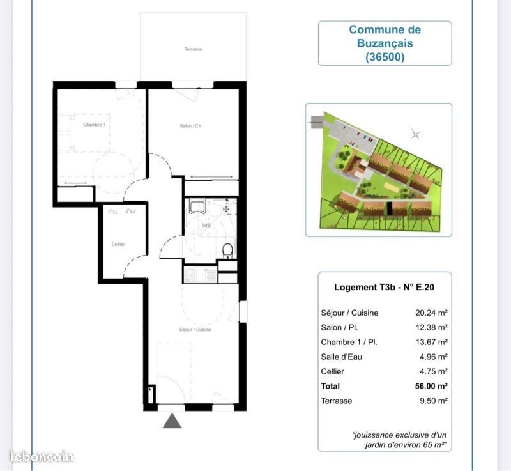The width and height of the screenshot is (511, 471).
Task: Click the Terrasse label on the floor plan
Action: [x=194, y=49]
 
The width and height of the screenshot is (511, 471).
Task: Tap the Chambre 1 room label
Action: [x=94, y=125]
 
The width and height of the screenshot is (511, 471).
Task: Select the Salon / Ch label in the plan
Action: [x=190, y=126]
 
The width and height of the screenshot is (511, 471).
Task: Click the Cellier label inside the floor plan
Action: [x=118, y=244]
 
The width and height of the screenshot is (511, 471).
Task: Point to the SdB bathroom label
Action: [x=206, y=226]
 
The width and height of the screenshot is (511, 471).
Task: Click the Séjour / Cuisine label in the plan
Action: [x=195, y=329]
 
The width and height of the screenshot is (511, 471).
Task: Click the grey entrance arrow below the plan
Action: [x=172, y=421]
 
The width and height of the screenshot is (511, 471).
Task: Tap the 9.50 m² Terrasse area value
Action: [x=432, y=401]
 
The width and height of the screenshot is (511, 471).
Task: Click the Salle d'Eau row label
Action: [x=342, y=357]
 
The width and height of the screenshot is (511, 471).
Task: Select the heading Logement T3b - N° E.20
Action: [x=384, y=287]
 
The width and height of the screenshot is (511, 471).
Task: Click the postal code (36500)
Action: [x=385, y=56]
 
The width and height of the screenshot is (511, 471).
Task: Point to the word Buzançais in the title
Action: [x=385, y=43]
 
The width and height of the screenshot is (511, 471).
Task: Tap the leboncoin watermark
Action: [x=42, y=457]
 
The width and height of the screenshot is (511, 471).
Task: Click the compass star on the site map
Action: [x=416, y=134]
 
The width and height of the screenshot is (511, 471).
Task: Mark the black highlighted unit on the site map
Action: [x=386, y=208]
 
